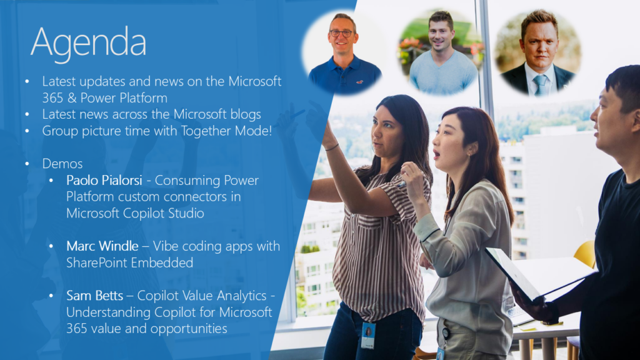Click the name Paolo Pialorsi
(104, 180)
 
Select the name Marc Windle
(102, 246)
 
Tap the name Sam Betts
(94, 295)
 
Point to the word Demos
(62, 164)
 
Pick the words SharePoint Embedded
(129, 262)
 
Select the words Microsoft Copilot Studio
(135, 213)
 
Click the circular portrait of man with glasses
(344, 52)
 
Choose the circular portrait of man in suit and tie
(538, 52)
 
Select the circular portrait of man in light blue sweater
(441, 52)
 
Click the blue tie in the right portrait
(539, 85)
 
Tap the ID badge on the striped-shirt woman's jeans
(367, 335)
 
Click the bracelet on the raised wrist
(332, 147)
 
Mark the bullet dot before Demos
(27, 164)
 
